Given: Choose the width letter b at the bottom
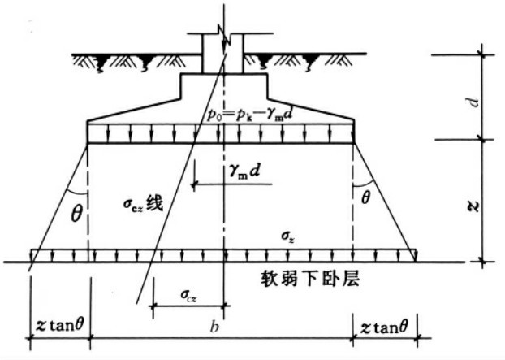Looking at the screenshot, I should pyautogui.click(x=213, y=327).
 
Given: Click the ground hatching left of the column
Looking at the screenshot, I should pyautogui.click(x=130, y=60).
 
